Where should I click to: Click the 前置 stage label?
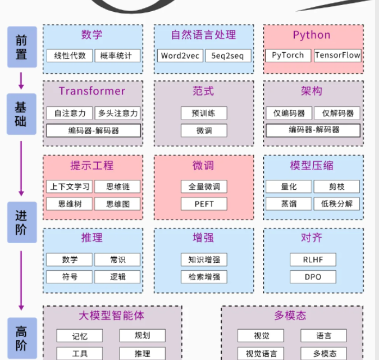pyautogui.click(x=21, y=47)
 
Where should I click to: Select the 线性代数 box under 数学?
pyautogui.click(x=70, y=56)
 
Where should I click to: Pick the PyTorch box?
pyautogui.click(x=287, y=55)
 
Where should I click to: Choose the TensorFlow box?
pyautogui.click(x=337, y=55)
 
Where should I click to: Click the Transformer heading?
pyautogui.click(x=92, y=91)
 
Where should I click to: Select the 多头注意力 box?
pyautogui.click(x=117, y=113)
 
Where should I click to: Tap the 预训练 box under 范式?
pyautogui.click(x=204, y=113)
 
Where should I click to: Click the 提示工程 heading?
pyautogui.click(x=92, y=165)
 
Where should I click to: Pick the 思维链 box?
pyautogui.click(x=117, y=186)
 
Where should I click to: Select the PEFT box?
pyautogui.click(x=204, y=204)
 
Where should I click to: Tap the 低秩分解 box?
pyautogui.click(x=337, y=203)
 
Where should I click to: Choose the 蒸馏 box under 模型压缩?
pyautogui.click(x=289, y=203)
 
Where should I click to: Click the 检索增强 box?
pyautogui.click(x=204, y=277)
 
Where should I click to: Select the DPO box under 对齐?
pyautogui.click(x=313, y=277)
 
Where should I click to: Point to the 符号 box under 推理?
pyautogui.click(x=70, y=277)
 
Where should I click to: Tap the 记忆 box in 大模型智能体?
pyautogui.click(x=80, y=336)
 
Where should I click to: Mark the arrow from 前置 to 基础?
pyautogui.click(x=21, y=80)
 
